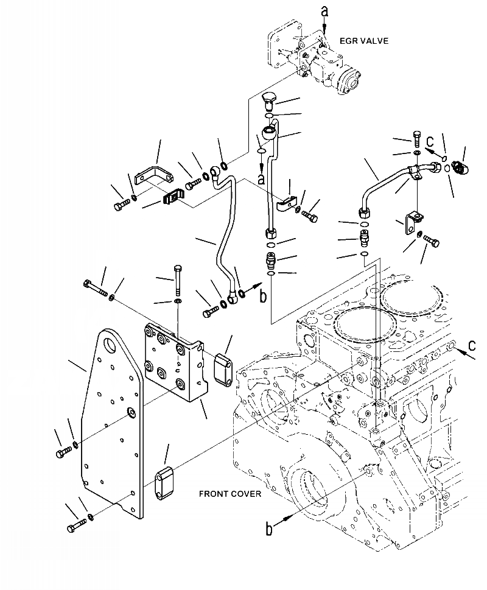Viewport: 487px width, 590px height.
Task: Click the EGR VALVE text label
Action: [364, 41]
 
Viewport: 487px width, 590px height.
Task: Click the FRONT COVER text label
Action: [230, 493]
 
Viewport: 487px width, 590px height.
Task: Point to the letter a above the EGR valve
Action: [324, 10]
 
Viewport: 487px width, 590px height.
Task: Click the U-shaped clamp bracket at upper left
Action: [153, 175]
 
